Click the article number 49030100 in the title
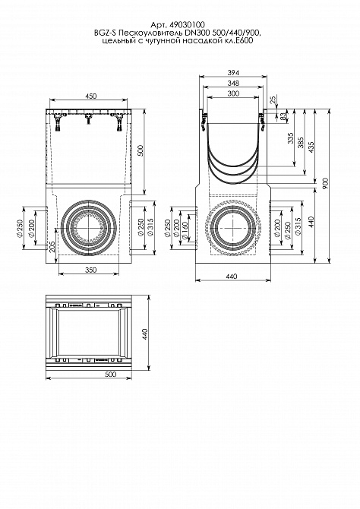click(x=187, y=24)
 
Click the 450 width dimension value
click(x=90, y=96)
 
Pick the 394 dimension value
click(x=233, y=73)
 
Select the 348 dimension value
click(x=233, y=83)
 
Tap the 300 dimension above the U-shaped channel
click(x=233, y=93)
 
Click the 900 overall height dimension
click(x=326, y=183)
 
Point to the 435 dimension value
click(x=311, y=147)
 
